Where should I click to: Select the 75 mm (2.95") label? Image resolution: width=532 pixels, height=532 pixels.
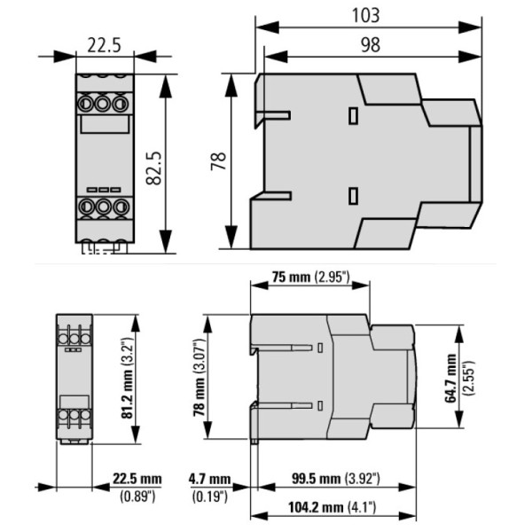[310, 278]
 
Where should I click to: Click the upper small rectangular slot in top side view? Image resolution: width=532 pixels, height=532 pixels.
[353, 115]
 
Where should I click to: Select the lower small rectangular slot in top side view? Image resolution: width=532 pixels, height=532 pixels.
[353, 196]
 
